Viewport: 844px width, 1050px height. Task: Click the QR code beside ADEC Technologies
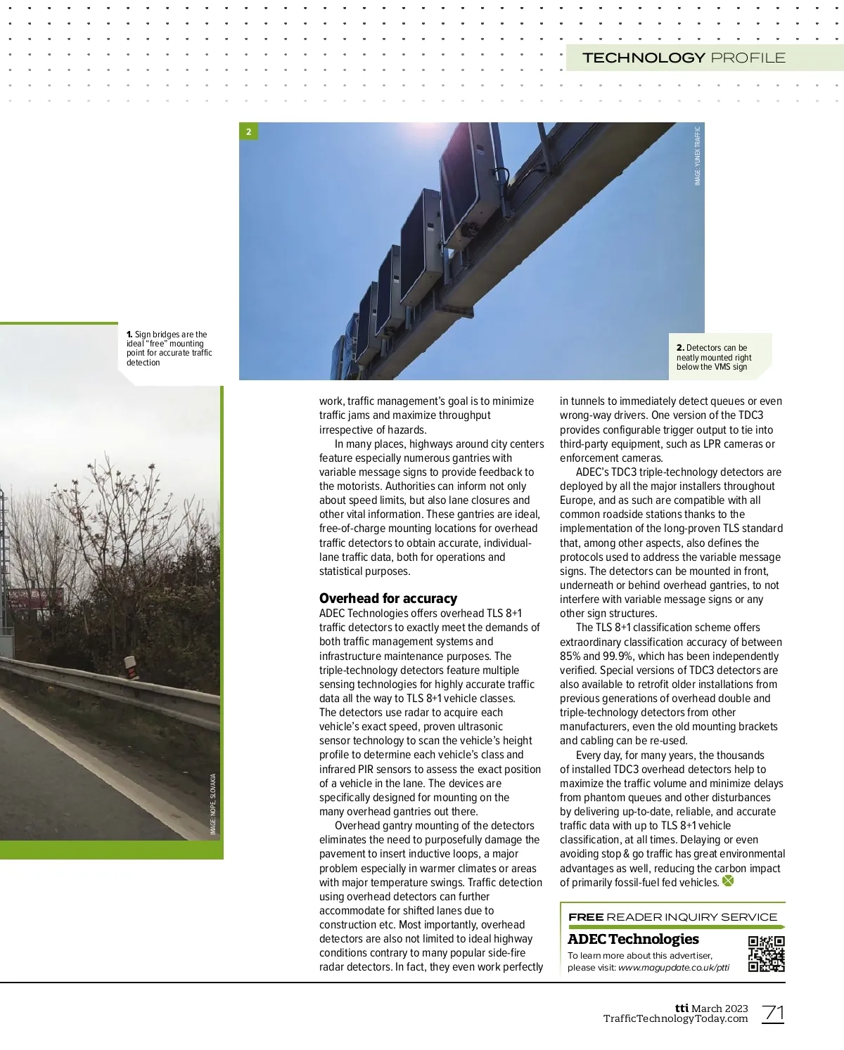(766, 954)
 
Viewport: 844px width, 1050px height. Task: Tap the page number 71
(773, 1013)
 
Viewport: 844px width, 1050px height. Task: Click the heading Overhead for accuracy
(388, 598)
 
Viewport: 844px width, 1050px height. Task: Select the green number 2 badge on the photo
(248, 131)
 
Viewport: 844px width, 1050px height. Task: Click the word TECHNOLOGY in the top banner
(644, 58)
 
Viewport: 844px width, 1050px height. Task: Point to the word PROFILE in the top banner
(748, 58)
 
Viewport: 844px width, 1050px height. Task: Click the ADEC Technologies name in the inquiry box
(633, 939)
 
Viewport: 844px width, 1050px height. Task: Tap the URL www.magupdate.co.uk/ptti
(673, 967)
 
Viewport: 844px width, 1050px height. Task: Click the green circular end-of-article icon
(728, 881)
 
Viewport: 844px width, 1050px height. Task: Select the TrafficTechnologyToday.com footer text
(675, 1019)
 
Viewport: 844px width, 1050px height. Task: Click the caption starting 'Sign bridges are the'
(169, 349)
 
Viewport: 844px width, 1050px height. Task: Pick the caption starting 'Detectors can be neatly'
(714, 357)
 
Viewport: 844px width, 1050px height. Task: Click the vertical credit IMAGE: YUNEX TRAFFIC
(698, 155)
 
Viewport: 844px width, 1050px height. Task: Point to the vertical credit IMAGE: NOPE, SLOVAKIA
(213, 804)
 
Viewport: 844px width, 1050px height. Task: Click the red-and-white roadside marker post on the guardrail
(129, 668)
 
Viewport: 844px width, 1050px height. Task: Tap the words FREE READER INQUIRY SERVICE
(672, 916)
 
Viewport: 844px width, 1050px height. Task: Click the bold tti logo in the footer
(682, 1008)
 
